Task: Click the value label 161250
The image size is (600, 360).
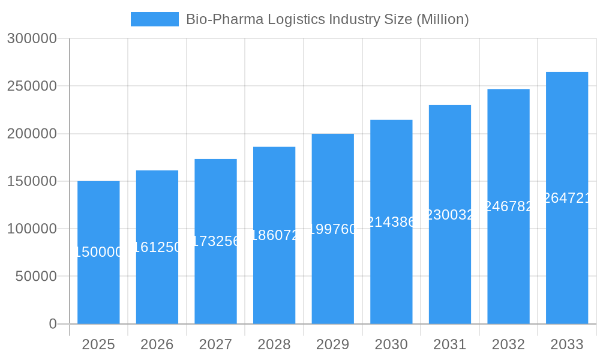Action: [157, 247]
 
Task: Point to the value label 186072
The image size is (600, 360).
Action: [274, 235]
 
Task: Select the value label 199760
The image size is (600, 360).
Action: [333, 229]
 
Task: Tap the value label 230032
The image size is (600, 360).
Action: [450, 215]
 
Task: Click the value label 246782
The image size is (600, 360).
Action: [508, 206]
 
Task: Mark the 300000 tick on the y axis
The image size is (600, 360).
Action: [32, 38]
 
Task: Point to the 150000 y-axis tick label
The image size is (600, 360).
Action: [32, 181]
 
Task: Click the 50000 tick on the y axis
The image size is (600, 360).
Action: [35, 277]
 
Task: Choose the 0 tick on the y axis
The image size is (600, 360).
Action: [53, 324]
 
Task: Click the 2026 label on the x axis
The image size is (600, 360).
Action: [157, 344]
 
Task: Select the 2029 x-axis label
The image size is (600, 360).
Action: [333, 344]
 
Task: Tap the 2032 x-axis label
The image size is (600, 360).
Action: [508, 344]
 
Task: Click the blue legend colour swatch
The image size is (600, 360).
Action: [155, 19]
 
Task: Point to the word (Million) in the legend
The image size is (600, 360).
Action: [442, 19]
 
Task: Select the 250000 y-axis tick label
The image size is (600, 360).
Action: [32, 86]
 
